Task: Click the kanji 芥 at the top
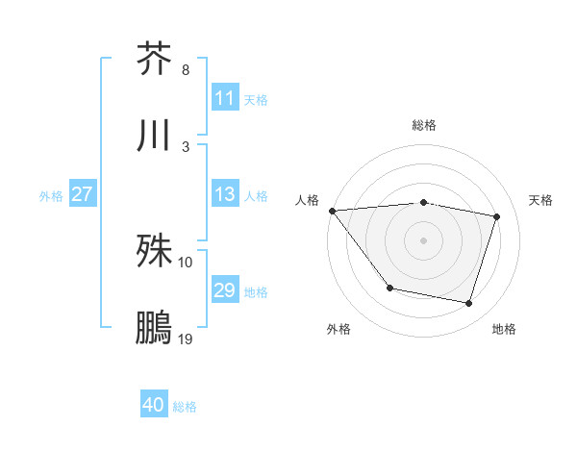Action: [154, 58]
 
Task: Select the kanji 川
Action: [154, 136]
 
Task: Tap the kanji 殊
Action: [154, 252]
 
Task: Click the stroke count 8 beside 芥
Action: [186, 70]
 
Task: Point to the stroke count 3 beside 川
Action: [186, 147]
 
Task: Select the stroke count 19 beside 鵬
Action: [186, 339]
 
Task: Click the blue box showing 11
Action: [225, 98]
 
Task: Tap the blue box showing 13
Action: [225, 194]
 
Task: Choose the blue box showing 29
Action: [225, 290]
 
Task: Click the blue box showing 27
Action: [83, 194]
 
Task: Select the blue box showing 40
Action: [154, 405]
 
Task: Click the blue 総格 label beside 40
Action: [185, 407]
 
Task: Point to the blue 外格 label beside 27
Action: [51, 196]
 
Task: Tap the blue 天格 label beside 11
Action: [256, 100]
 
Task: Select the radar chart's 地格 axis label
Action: [504, 329]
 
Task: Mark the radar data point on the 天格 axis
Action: [497, 216]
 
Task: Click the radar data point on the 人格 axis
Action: [332, 211]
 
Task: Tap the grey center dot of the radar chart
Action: [423, 240]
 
